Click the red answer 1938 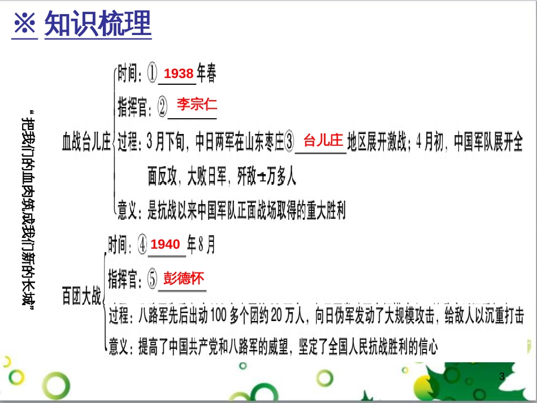pos(179,73)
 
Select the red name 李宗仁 pos(196,104)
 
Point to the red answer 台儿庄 pos(323,140)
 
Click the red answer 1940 pos(166,244)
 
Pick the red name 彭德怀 pos(183,278)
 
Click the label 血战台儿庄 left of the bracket pos(86,144)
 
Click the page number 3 pos(502,376)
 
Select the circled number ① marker pos(152,74)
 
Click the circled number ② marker pos(162,106)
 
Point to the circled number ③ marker pos(290,143)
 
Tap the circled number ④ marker pos(142,245)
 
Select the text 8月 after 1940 pos(201,244)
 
